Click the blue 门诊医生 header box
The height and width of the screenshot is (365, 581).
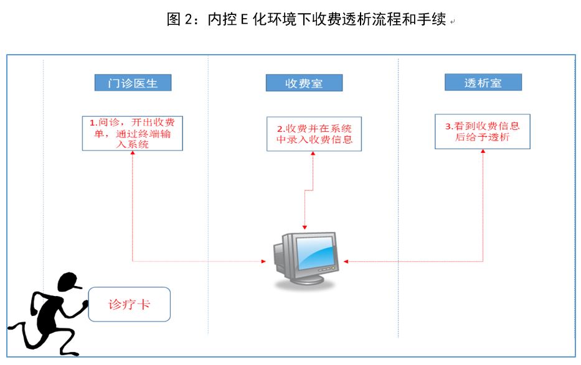(x=133, y=83)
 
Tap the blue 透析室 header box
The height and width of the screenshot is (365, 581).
(x=483, y=83)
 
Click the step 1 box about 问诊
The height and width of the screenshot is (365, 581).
(x=133, y=133)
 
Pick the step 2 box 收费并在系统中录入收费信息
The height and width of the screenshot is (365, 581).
(x=314, y=134)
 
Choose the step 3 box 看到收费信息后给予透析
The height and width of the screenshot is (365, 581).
(x=482, y=131)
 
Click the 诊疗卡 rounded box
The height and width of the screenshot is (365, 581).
(x=129, y=305)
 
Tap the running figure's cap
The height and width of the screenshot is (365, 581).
(x=70, y=282)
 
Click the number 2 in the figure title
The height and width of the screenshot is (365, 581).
(x=191, y=20)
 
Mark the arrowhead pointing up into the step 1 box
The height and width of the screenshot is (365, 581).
(x=133, y=154)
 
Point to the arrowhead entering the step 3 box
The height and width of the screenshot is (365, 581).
(x=483, y=152)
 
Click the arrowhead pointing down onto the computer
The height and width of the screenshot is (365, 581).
(x=305, y=227)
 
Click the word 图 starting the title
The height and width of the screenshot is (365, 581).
(x=174, y=20)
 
